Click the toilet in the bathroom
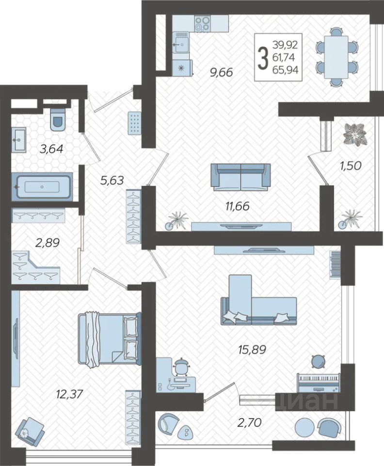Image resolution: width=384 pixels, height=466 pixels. click(x=58, y=119)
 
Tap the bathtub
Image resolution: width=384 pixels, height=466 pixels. click(x=42, y=187)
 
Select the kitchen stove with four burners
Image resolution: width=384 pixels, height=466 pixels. click(x=202, y=23)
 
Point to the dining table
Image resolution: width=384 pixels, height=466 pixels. click(x=336, y=57)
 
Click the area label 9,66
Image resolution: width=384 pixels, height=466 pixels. click(x=222, y=72)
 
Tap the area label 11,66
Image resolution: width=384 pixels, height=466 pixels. click(x=238, y=206)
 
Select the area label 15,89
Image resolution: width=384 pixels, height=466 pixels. click(x=252, y=349)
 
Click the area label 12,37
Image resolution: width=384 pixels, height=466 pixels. click(x=69, y=394)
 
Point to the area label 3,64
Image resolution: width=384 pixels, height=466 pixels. click(x=51, y=149)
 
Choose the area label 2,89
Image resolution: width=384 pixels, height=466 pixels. click(x=48, y=243)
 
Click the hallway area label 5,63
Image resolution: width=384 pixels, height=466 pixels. click(x=112, y=181)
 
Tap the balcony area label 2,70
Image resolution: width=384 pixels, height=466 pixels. click(x=249, y=422)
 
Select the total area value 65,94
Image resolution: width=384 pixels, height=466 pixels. click(x=286, y=70)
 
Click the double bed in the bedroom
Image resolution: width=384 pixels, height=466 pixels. click(x=110, y=339)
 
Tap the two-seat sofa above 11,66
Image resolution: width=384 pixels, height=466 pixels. click(x=240, y=177)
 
